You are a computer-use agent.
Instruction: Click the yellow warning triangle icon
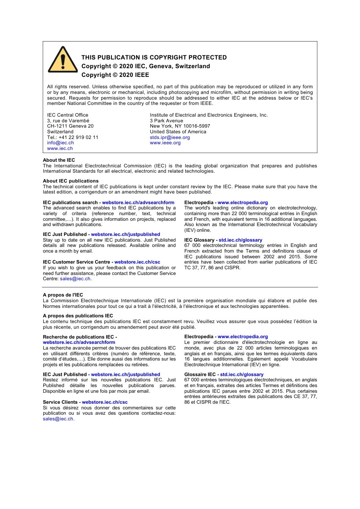point(63,60)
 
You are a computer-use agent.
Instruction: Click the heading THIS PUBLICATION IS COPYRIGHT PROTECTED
point(154,58)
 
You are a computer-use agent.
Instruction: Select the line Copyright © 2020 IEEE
point(115,75)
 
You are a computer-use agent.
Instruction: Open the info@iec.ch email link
point(60,143)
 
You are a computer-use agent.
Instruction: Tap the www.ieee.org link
point(165,143)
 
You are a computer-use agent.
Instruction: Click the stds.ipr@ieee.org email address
point(170,137)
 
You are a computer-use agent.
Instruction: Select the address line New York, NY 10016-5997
point(180,126)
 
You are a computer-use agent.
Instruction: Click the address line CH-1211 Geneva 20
point(70,126)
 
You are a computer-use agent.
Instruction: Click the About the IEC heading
point(59,160)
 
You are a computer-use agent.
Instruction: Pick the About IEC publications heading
point(70,181)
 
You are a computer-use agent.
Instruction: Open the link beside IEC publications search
point(138,203)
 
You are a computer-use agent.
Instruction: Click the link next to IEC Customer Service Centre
point(137,262)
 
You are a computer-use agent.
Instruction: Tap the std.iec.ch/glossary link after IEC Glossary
point(240,240)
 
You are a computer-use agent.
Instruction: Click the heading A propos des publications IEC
point(78,316)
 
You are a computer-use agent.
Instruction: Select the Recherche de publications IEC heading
point(78,337)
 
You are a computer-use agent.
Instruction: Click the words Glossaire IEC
point(200,375)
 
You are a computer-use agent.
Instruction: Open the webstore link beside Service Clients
point(105,402)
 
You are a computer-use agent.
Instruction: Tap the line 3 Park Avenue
point(166,121)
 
